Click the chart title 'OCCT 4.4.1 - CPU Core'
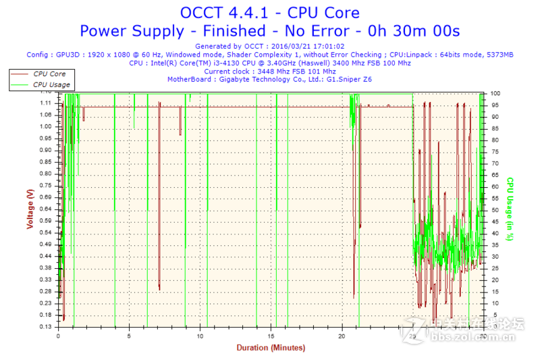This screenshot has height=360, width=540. point(269,12)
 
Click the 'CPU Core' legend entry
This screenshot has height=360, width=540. point(49,74)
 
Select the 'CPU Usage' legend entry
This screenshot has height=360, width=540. point(51,84)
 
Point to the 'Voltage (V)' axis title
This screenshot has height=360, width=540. point(30,209)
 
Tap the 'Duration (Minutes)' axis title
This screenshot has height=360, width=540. point(270,348)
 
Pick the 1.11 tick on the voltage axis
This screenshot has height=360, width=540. point(46,103)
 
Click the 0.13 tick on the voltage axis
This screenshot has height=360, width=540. point(46,326)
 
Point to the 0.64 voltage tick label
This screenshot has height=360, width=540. point(46,209)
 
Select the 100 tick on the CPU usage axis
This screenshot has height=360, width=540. point(495,93)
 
